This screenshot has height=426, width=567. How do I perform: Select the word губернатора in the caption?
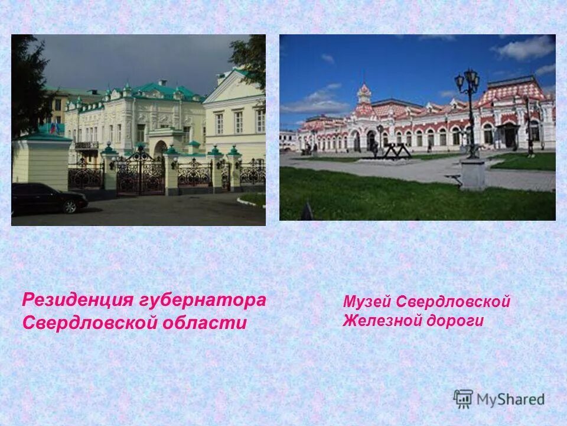tap(203, 300)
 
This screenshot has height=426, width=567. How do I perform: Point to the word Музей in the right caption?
tap(367, 302)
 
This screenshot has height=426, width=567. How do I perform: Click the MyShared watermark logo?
tap(499, 399)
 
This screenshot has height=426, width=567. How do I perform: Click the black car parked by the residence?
tap(47, 198)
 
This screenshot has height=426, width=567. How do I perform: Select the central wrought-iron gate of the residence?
tap(141, 173)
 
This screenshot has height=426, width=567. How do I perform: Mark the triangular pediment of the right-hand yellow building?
tap(234, 87)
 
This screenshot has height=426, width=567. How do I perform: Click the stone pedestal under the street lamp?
tap(472, 174)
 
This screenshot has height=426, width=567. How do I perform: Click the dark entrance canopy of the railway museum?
tap(509, 126)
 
